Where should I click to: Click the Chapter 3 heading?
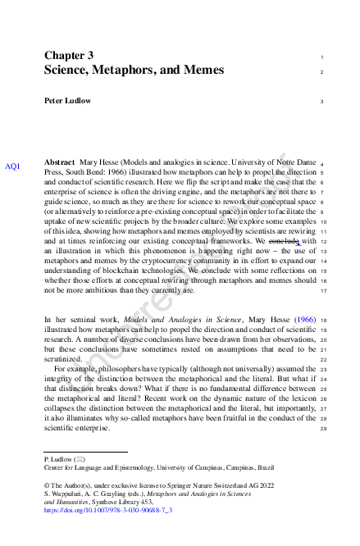[69, 55]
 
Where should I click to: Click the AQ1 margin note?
[13, 166]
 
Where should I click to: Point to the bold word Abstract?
[60, 163]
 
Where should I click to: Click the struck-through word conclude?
[284, 242]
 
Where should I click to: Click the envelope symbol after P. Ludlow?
[80, 458]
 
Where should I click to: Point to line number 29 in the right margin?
[322, 429]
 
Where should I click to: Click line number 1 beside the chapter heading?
[322, 57]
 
